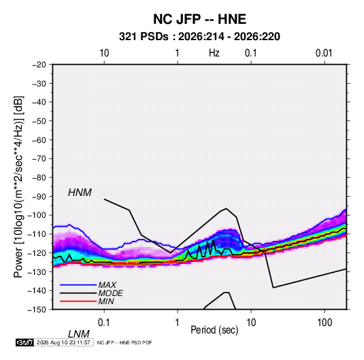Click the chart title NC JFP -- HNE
coord(199,19)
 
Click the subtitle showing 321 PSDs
coord(199,37)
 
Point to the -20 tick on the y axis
coord(39,65)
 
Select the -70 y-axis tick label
coord(39,159)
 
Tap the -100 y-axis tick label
coord(37,215)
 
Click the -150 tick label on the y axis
coord(37,310)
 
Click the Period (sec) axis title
coord(214,330)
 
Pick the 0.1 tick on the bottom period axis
coord(104,323)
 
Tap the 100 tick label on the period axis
coord(325,323)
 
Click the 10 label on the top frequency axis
coord(104,53)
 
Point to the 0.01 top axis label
coord(324,53)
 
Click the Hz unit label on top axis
coord(214,53)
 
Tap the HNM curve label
coord(80,193)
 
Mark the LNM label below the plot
coord(79,334)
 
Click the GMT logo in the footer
coord(25,342)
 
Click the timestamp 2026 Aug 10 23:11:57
coord(63,342)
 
